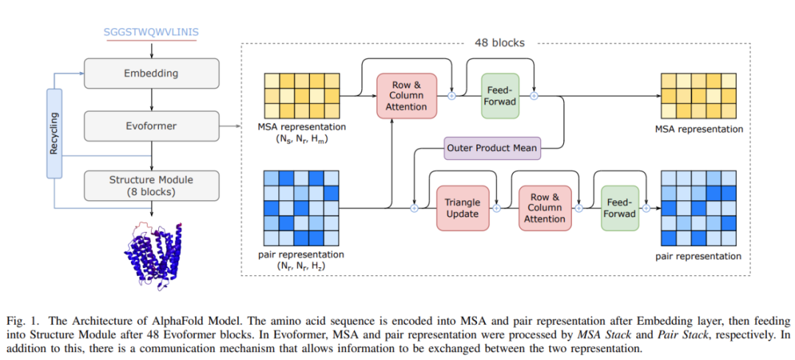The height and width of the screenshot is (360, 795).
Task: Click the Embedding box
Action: [x=151, y=74]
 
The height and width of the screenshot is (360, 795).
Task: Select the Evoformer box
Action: [x=151, y=126]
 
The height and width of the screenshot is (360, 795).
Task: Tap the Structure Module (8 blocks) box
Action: [x=151, y=186]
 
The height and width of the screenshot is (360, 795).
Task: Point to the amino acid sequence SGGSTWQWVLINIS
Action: [x=151, y=32]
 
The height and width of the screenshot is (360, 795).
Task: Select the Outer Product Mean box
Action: [x=492, y=148]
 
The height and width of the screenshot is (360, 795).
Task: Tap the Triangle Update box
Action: [x=462, y=208]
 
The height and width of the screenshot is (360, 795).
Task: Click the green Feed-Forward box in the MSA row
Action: [x=501, y=95]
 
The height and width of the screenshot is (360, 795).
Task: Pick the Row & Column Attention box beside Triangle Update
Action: [x=545, y=208]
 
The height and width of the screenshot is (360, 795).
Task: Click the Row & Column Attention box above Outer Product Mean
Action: [x=406, y=95]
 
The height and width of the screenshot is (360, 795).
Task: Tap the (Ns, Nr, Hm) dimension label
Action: [x=303, y=138]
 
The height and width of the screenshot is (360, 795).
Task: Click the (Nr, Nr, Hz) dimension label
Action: [x=301, y=265]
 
